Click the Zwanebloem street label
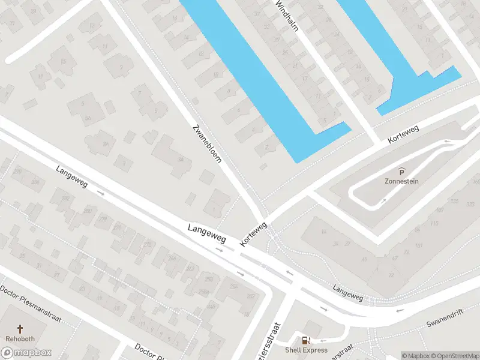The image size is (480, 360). pos(207,144)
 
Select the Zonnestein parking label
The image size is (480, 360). pos(401,181)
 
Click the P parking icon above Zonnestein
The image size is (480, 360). pos(401,172)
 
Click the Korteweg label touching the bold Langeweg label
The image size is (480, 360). pos(253,234)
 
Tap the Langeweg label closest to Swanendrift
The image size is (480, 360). pos(348,293)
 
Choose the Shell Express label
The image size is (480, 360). pos(306,350)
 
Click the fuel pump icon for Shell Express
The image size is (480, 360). pos(306,341)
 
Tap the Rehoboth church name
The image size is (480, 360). pos(20,338)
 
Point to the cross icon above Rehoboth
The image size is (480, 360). pos(20,329)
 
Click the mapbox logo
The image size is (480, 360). pos(26,353)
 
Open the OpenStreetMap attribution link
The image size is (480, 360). pos(455,356)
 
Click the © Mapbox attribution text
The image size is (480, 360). pos(416,356)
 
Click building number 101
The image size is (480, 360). pos(418,246)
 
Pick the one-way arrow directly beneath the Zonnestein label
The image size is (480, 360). pos(382,201)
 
